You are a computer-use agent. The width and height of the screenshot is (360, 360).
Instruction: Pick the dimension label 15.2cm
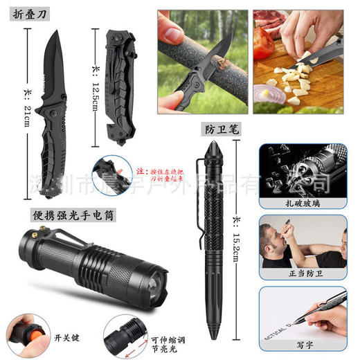coord(238,239)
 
